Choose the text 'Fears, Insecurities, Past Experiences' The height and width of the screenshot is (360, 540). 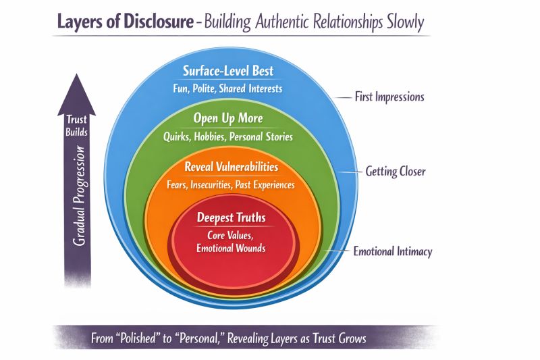click(x=231, y=183)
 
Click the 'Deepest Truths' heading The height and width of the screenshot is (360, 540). click(x=232, y=218)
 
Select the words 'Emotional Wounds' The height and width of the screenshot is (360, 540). click(x=232, y=248)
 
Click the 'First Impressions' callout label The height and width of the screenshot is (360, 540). click(x=389, y=97)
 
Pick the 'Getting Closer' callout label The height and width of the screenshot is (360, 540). click(x=395, y=172)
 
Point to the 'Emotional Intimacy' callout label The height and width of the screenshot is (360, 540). click(x=392, y=252)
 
